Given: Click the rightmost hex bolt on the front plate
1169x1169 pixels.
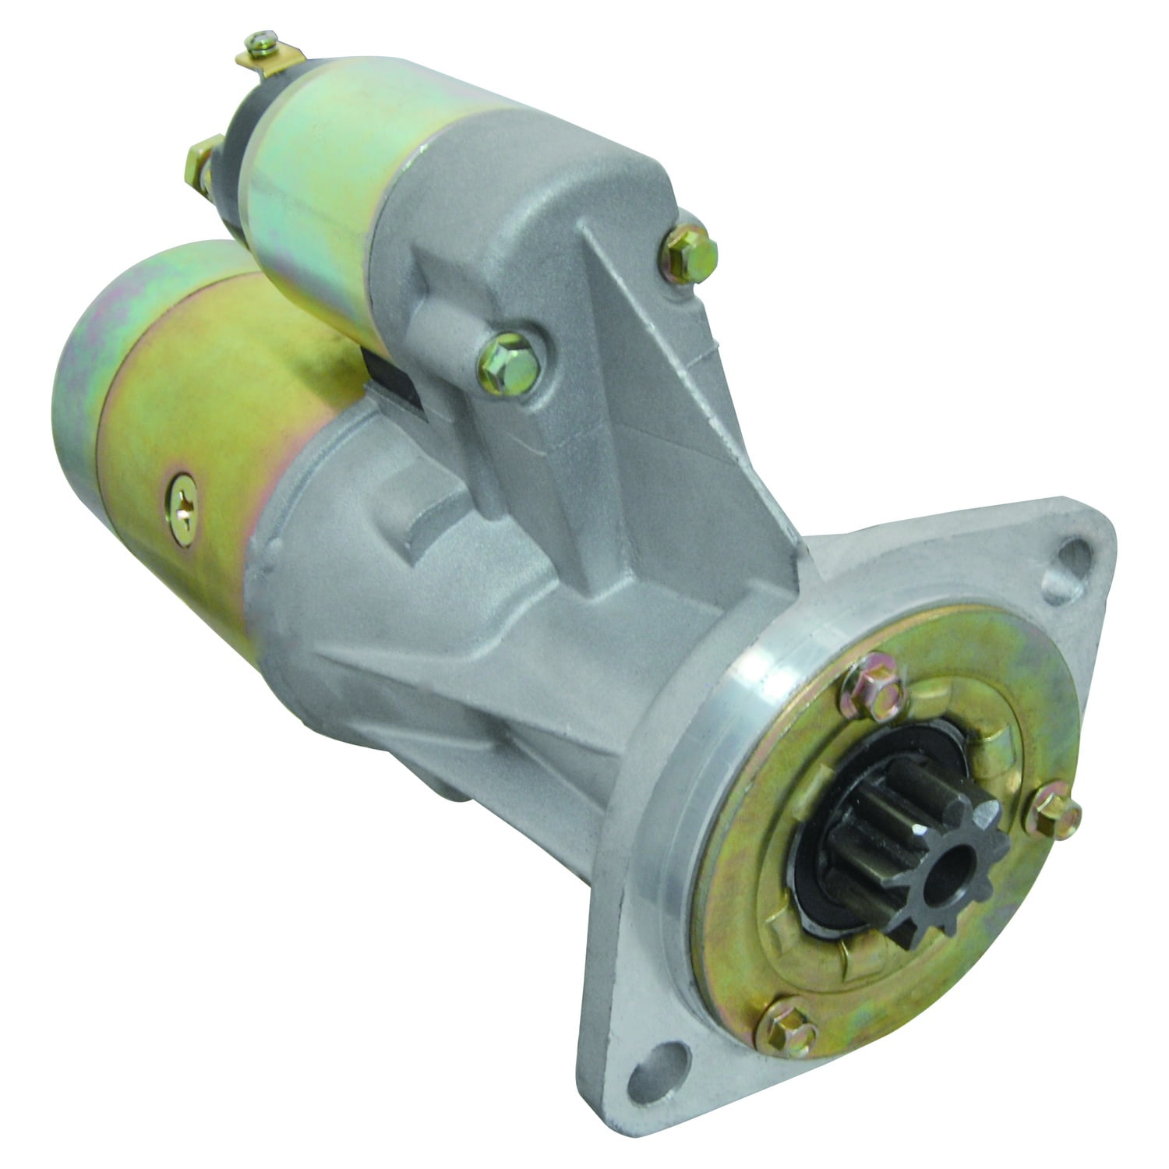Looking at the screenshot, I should (x=1058, y=814).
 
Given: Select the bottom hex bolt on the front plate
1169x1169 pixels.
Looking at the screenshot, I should (x=789, y=1018).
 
